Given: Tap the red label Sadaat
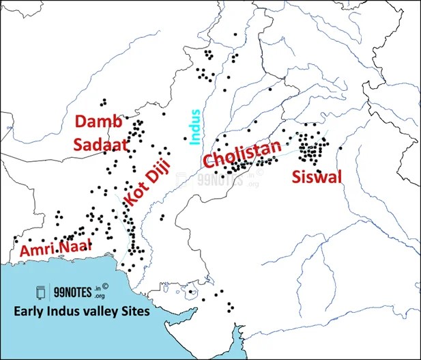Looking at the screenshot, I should click(x=99, y=144).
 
